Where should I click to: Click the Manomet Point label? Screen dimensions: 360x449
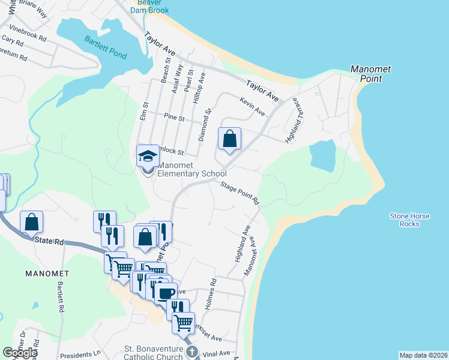coord(370,74)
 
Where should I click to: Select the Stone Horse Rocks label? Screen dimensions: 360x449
coord(404,220)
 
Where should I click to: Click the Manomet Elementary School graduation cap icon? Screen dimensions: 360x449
coord(147,157)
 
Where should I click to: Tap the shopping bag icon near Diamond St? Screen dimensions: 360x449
coord(229,139)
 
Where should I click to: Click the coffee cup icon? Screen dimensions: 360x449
coord(166,293)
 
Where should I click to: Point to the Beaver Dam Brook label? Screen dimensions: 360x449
coord(151,6)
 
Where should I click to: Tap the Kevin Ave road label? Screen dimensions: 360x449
coord(252,106)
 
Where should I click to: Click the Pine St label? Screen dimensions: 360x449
coord(174,118)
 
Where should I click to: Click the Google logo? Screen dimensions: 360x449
coord(20,353)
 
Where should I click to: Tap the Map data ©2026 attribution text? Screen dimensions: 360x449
coord(423,355)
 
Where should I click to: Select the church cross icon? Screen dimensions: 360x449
coord(191,352)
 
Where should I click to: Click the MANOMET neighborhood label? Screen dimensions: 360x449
coord(47,273)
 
